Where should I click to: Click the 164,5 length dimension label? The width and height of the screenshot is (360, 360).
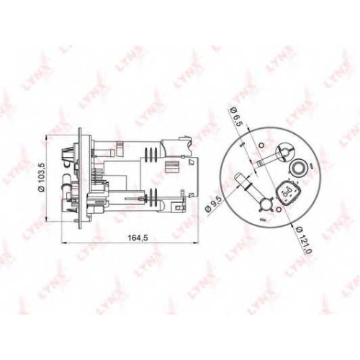pyautogui.click(x=138, y=238)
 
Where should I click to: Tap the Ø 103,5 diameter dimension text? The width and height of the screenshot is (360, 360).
pyautogui.click(x=42, y=177)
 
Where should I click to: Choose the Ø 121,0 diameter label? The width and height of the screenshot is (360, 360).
pyautogui.click(x=304, y=240)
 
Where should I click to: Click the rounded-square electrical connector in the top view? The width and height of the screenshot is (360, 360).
pyautogui.click(x=288, y=192)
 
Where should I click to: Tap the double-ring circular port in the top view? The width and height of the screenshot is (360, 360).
pyautogui.click(x=297, y=166)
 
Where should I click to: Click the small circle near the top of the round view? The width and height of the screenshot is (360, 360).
pyautogui.click(x=261, y=145)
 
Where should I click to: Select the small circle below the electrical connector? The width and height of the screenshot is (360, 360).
pyautogui.click(x=279, y=210)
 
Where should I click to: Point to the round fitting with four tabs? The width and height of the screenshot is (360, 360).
pyautogui.click(x=266, y=205)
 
